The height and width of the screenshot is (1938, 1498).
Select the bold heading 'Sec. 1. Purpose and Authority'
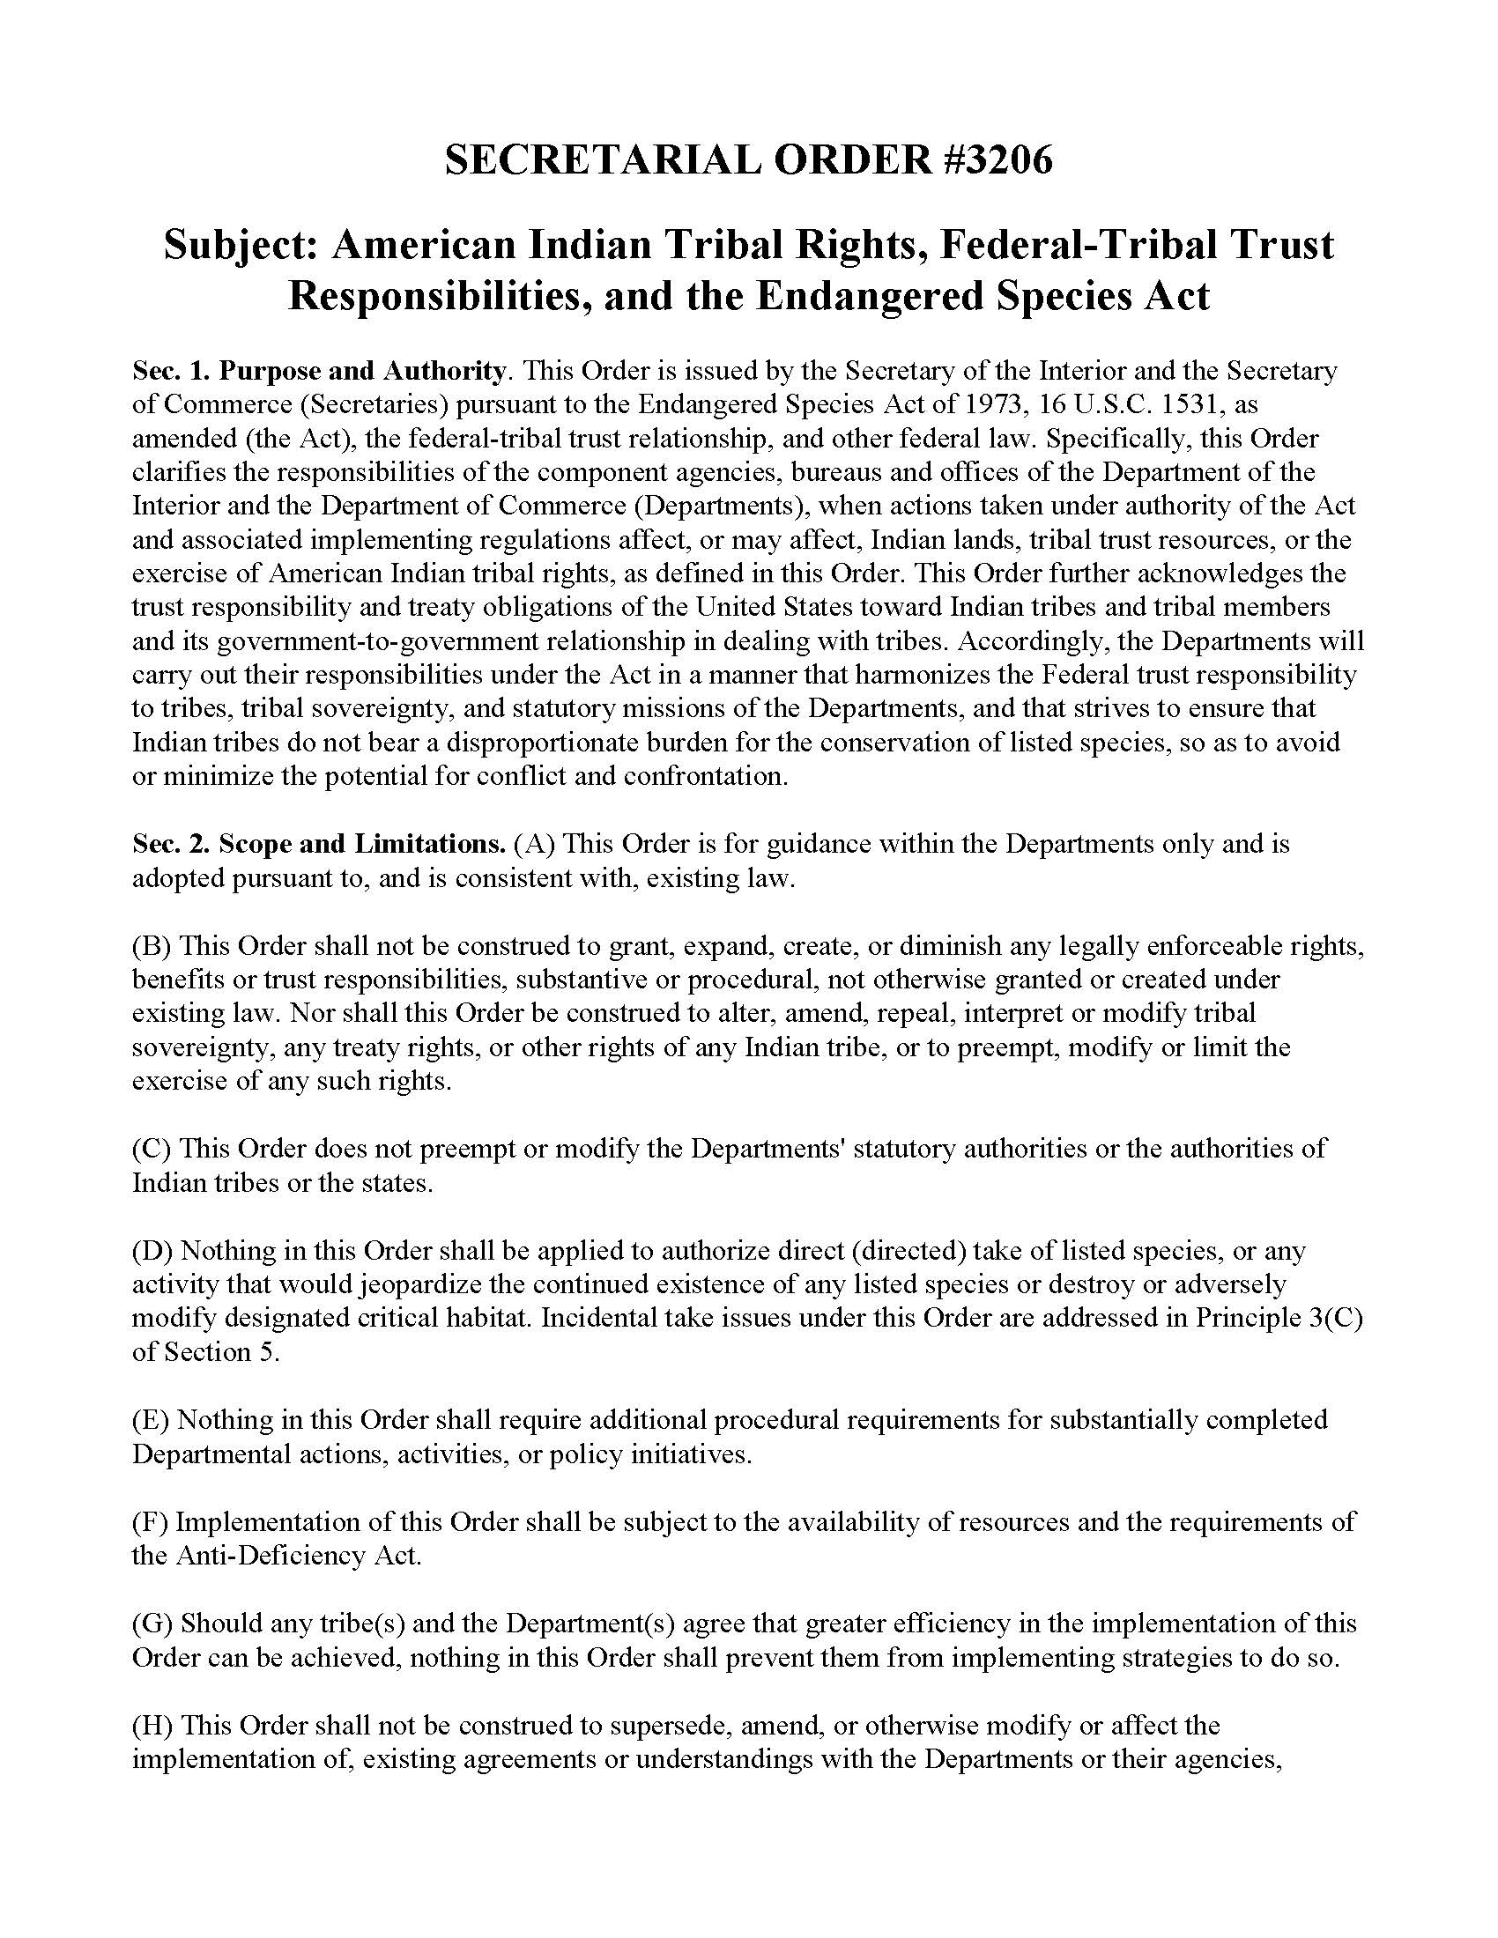[319, 370]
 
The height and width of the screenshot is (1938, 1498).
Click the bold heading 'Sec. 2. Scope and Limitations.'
[319, 844]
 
